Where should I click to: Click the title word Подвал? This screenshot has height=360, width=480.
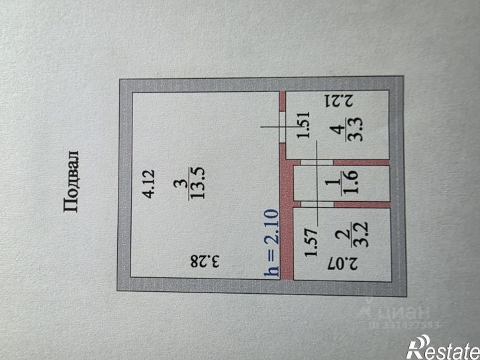(72, 181)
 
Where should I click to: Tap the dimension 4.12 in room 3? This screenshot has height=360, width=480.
(150, 184)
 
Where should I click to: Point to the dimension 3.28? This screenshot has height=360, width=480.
(205, 261)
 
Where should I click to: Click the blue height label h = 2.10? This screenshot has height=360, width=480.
(272, 243)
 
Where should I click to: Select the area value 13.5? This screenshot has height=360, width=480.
(198, 183)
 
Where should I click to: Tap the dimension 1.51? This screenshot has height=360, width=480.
(304, 124)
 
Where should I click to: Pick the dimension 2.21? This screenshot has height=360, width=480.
(339, 101)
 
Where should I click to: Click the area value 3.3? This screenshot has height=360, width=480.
(356, 128)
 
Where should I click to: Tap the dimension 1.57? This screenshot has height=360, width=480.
(312, 242)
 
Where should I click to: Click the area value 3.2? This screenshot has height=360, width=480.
(361, 235)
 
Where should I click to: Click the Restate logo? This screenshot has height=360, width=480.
(443, 347)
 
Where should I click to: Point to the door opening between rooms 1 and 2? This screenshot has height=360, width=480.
(317, 204)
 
